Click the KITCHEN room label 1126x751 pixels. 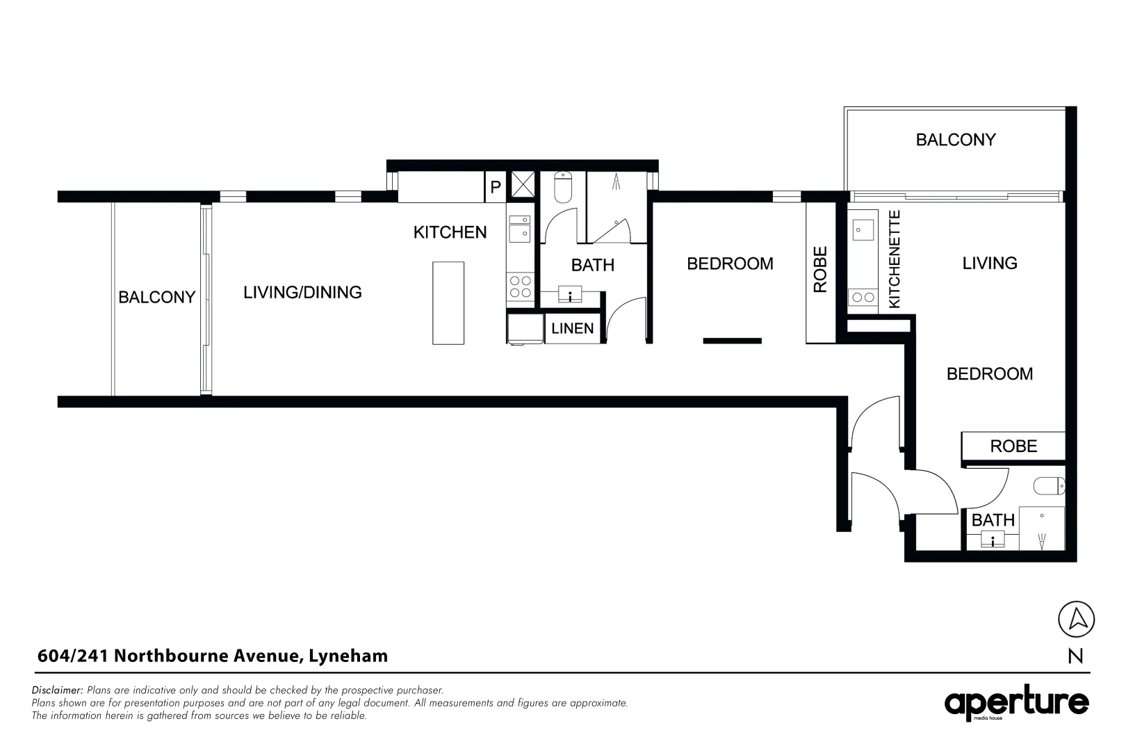click(450, 232)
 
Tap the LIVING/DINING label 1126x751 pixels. click(302, 292)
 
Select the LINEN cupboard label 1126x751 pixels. click(572, 329)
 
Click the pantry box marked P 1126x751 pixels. click(496, 187)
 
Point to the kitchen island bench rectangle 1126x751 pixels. click(448, 302)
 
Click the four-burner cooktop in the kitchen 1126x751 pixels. click(521, 287)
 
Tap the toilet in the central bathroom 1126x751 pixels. click(563, 187)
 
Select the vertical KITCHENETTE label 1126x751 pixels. click(895, 259)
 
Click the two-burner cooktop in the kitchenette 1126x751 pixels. click(863, 298)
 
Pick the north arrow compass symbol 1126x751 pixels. click(1076, 618)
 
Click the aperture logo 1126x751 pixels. click(1016, 704)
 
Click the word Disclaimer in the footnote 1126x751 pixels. click(57, 691)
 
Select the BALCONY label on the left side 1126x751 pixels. click(156, 298)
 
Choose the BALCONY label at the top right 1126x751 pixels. click(955, 140)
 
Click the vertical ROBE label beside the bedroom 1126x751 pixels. click(820, 269)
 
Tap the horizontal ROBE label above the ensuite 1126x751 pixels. click(1013, 446)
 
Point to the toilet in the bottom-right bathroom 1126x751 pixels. click(1049, 485)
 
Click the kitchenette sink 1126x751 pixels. click(863, 229)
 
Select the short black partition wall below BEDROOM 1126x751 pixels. click(732, 341)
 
